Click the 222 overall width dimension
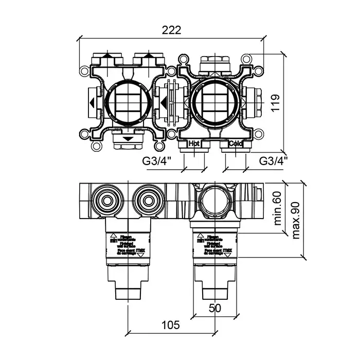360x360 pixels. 172,30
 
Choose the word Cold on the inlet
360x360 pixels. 236,143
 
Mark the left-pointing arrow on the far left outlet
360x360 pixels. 91,102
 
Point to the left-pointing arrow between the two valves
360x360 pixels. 164,102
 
